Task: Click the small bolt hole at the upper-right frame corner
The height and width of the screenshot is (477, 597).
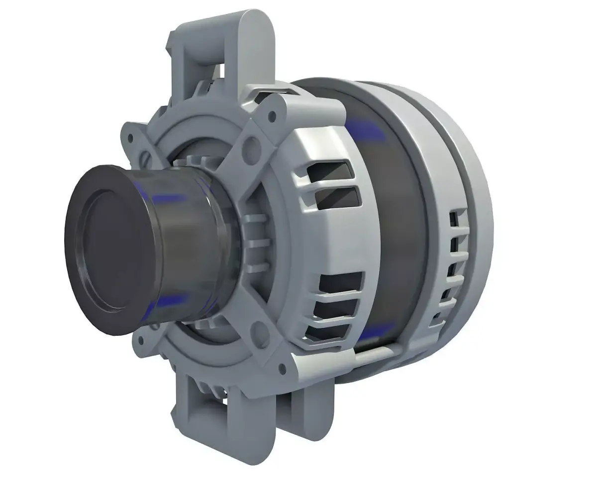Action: pos(272,116)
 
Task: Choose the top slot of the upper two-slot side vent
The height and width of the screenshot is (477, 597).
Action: pos(331,171)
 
